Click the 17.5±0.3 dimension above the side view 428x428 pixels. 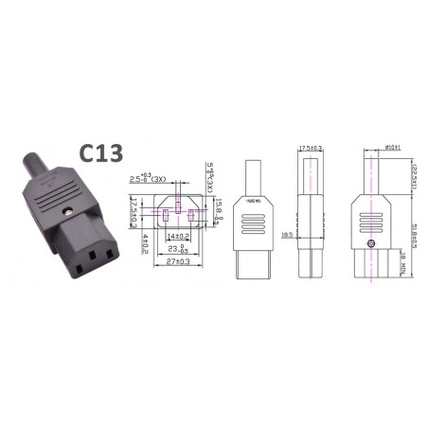click(x=311, y=148)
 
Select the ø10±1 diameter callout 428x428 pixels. click(x=369, y=148)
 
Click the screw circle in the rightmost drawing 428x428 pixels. click(x=370, y=245)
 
